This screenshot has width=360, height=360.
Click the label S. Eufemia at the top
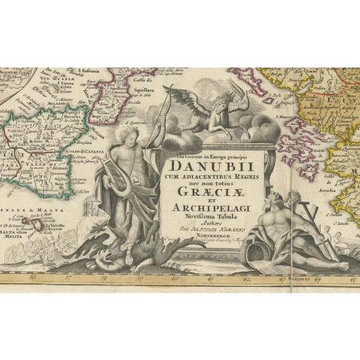[x=91, y=70]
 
